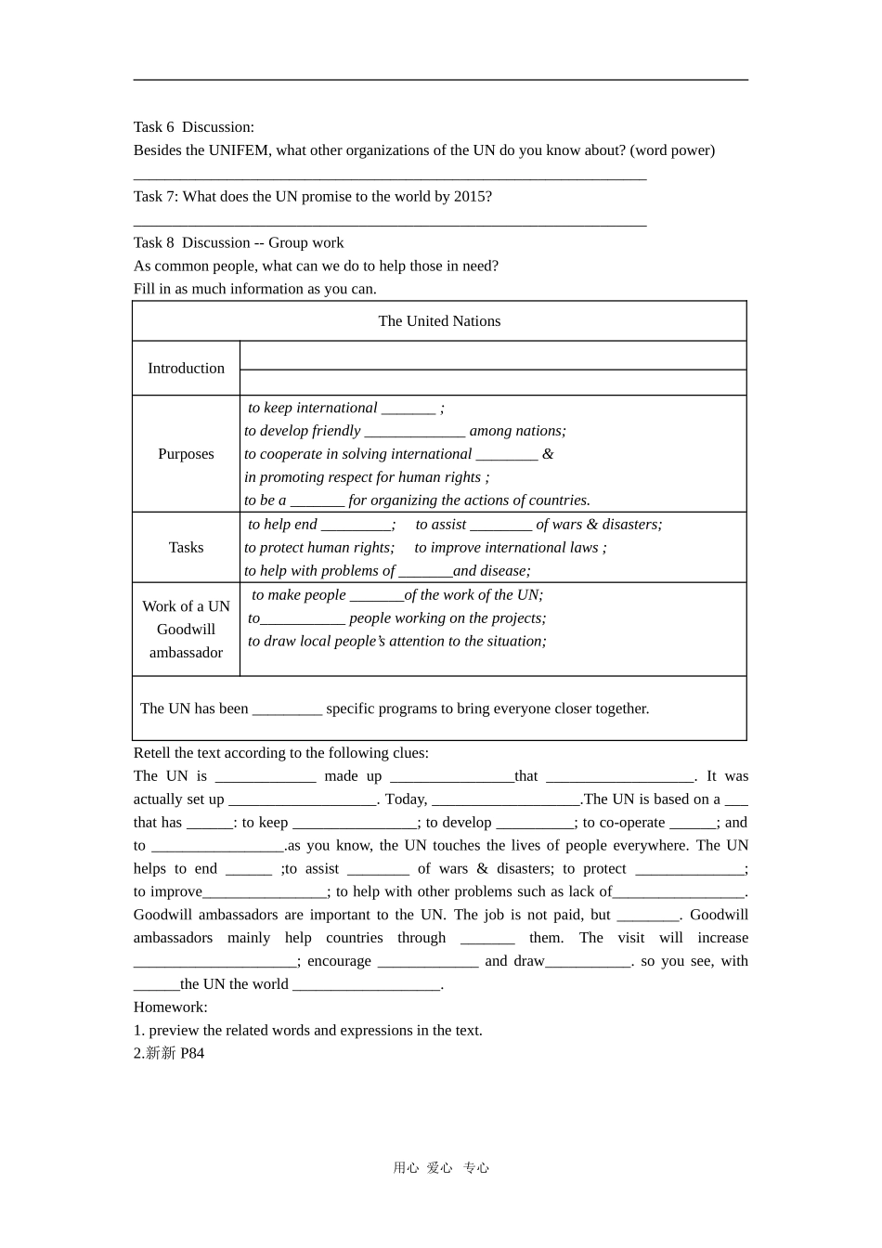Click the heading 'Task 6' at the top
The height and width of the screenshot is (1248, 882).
point(153,127)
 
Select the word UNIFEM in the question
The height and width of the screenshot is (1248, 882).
point(238,150)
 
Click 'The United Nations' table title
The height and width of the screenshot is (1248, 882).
point(439,321)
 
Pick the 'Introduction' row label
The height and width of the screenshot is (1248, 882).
point(186,369)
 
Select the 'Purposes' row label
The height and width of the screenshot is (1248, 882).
point(186,454)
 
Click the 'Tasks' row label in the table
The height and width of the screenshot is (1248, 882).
point(186,548)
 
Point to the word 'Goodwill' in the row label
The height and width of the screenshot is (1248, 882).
point(186,630)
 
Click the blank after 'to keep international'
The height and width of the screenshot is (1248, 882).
point(409,409)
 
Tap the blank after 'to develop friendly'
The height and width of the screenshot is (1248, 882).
point(414,432)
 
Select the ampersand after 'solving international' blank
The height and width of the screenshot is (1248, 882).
point(548,454)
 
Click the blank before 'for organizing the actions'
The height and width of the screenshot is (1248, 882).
point(317,501)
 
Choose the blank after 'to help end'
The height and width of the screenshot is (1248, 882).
point(356,526)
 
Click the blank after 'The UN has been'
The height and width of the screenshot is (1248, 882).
point(287,709)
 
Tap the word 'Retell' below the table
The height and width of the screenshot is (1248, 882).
point(153,753)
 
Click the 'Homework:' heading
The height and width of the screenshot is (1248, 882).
point(171,1007)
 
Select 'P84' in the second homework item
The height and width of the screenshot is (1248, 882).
point(192,1054)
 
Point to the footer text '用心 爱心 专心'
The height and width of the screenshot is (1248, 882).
point(441,1168)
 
